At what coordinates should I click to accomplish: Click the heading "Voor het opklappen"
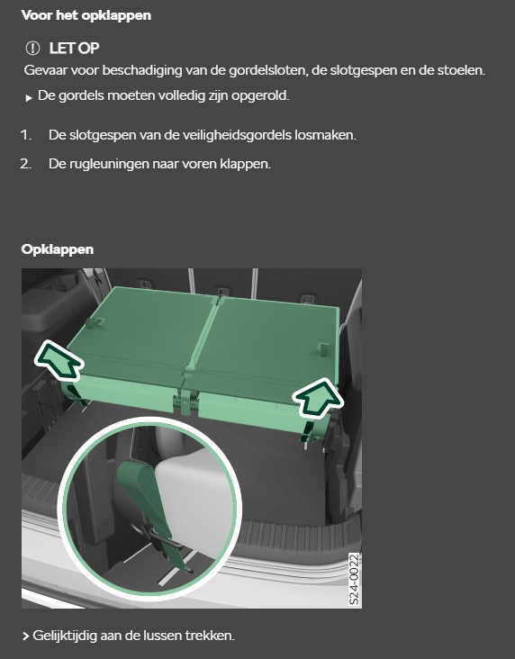(x=86, y=15)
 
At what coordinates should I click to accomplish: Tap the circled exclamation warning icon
(x=32, y=49)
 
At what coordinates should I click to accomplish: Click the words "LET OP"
(x=75, y=49)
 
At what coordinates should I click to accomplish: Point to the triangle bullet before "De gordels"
(x=29, y=98)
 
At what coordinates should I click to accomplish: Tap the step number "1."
(x=26, y=135)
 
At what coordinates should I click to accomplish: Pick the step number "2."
(x=26, y=164)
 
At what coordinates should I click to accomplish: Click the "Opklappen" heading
(x=58, y=249)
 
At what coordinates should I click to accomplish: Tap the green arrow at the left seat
(x=58, y=359)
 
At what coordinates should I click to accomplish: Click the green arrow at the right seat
(x=318, y=398)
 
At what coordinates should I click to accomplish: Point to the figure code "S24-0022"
(x=355, y=579)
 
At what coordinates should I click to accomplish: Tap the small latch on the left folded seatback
(x=95, y=322)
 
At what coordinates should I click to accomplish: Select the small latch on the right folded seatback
(x=322, y=348)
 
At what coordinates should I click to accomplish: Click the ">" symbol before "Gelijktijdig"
(x=25, y=636)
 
